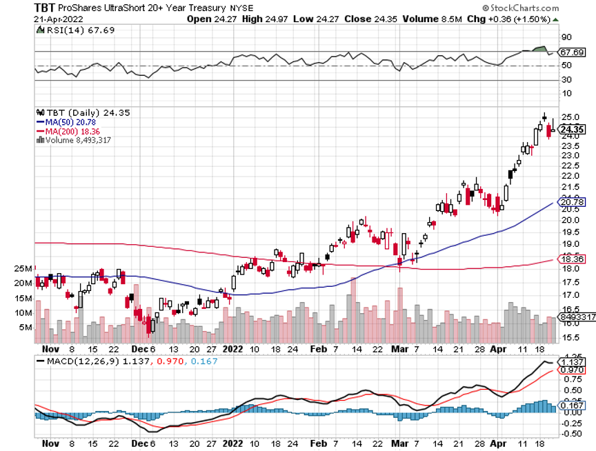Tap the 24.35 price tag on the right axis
coord(573,129)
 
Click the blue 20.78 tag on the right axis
coord(573,202)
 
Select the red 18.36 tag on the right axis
coord(573,259)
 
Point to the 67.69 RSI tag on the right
coord(573,52)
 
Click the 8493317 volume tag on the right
coord(577,317)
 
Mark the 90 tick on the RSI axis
coord(566,37)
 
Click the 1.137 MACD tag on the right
coord(573,362)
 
